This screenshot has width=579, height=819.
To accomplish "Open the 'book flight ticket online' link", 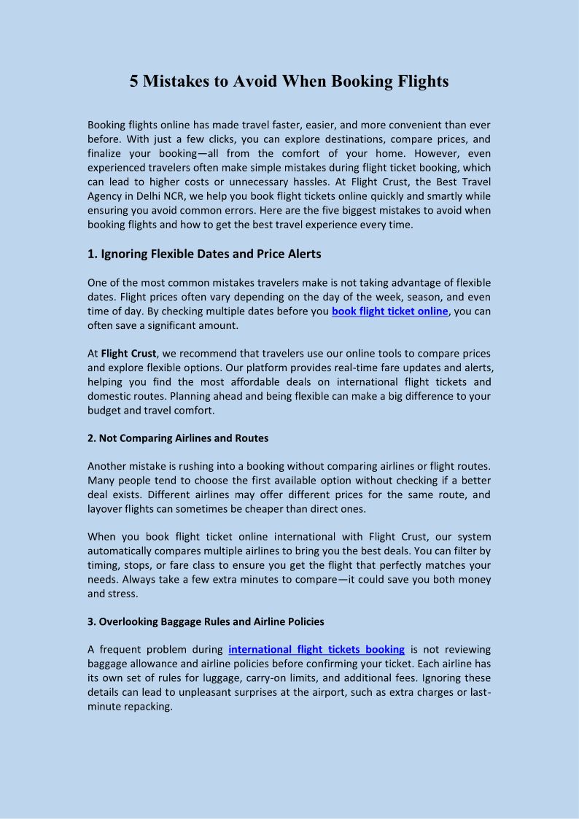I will pos(390,311).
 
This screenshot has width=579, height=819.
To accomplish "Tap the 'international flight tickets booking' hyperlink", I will pos(316,650).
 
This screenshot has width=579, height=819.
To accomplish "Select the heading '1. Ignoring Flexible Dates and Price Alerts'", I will pos(204,255).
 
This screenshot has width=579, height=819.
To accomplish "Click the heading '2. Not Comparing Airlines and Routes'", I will pos(178,438).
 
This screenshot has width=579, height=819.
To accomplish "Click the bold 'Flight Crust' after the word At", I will pos(128,354).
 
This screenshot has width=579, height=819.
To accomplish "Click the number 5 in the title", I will pos(134,81).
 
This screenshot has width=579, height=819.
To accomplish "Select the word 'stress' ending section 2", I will pos(122,594).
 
